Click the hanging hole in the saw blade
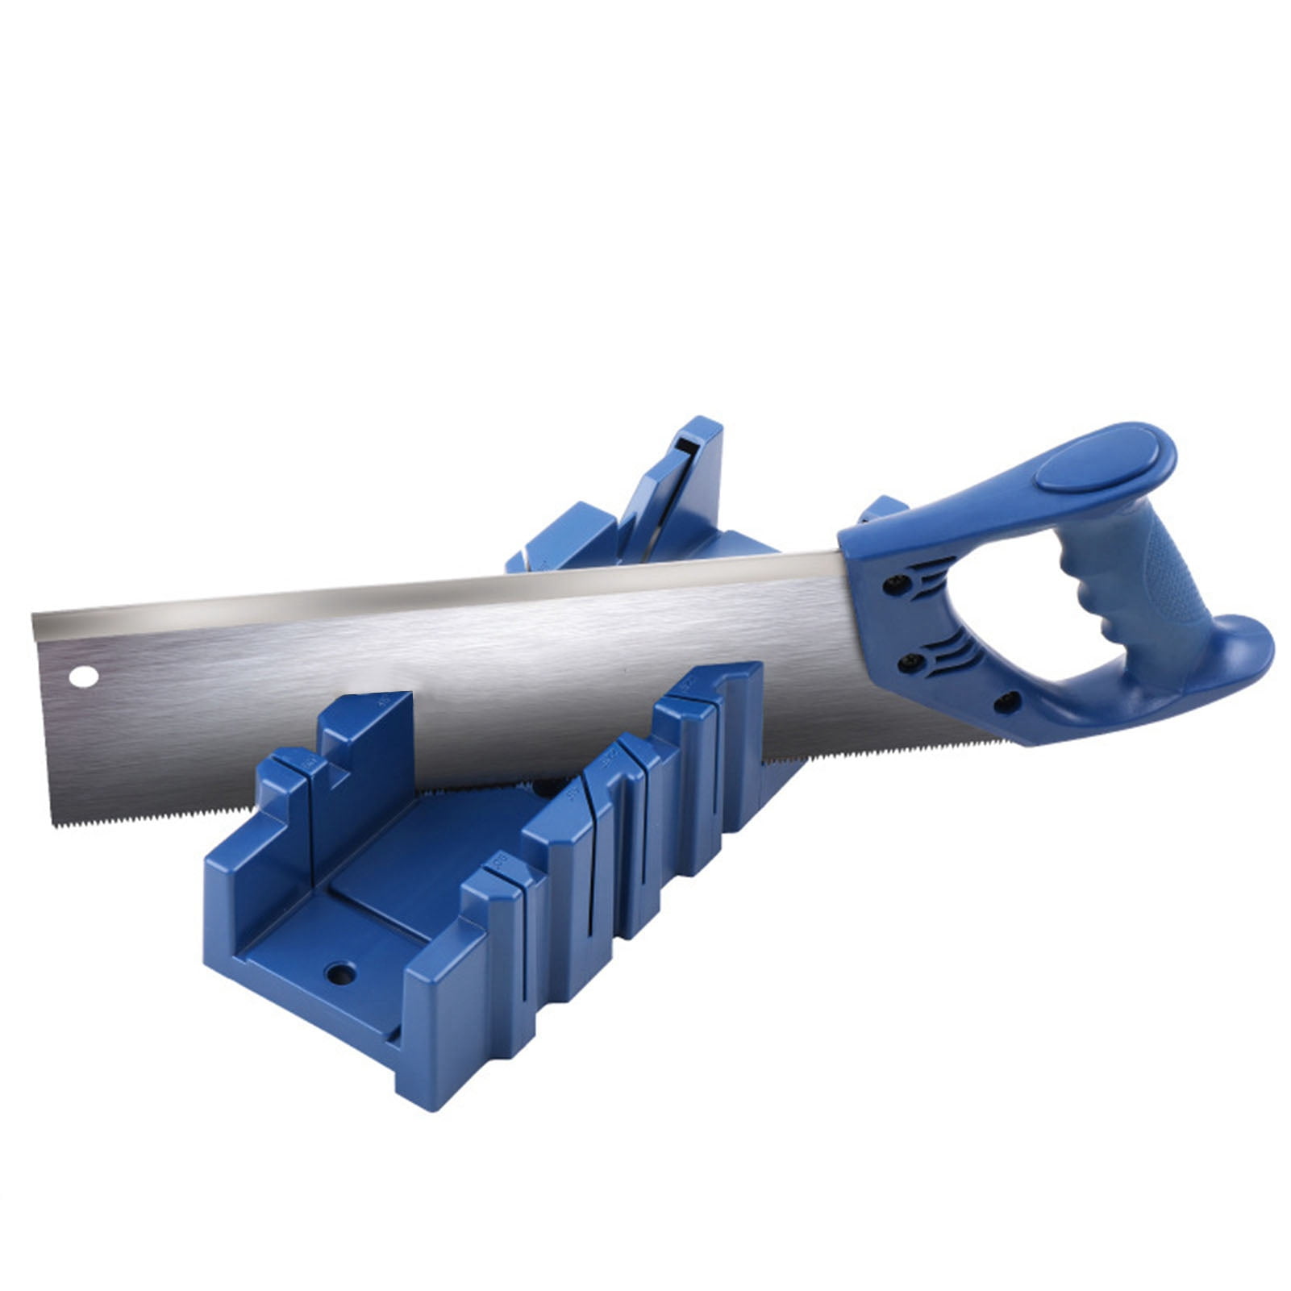(83, 677)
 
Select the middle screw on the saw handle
(911, 663)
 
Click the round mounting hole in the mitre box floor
(340, 973)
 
